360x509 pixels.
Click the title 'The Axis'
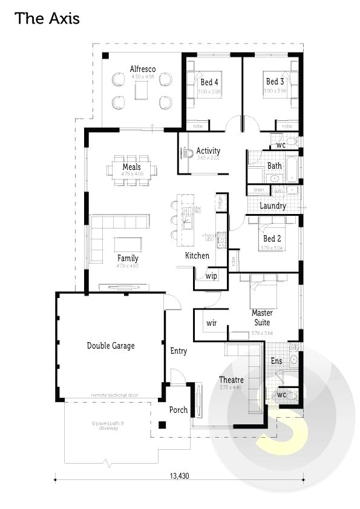47,19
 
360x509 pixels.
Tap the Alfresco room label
143,69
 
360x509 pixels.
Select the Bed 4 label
209,82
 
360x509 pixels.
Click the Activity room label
208,151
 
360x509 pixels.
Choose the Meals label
131,167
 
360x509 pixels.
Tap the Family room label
128,258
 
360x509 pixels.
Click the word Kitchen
197,256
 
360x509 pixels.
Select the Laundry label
273,206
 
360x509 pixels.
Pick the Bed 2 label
272,239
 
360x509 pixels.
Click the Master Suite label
262,318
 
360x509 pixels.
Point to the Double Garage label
111,346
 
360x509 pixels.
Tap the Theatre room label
231,380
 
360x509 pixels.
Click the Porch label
178,410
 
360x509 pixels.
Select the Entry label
178,351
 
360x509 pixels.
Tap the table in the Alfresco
142,91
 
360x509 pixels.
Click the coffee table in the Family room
128,244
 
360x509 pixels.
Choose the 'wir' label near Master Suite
211,323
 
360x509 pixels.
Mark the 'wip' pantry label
211,276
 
